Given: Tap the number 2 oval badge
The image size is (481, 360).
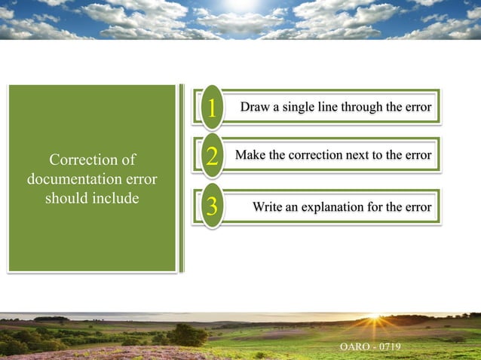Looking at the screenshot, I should coord(212,157).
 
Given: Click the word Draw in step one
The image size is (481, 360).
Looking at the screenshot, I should coord(255,107).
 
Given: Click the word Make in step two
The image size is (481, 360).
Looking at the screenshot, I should coord(250,155).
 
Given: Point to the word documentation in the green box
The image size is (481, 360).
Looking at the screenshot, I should coord(74,180).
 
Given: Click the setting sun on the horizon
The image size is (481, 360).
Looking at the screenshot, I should coord(375,320).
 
